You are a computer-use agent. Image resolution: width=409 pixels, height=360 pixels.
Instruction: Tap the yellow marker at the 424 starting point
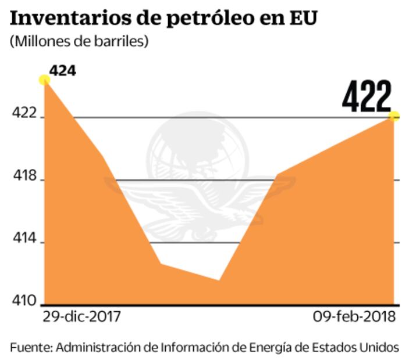tap(44, 80)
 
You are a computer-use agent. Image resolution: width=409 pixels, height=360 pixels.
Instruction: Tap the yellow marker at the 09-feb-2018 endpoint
tap(394, 116)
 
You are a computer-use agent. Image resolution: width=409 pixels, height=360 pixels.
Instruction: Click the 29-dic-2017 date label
tap(81, 317)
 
